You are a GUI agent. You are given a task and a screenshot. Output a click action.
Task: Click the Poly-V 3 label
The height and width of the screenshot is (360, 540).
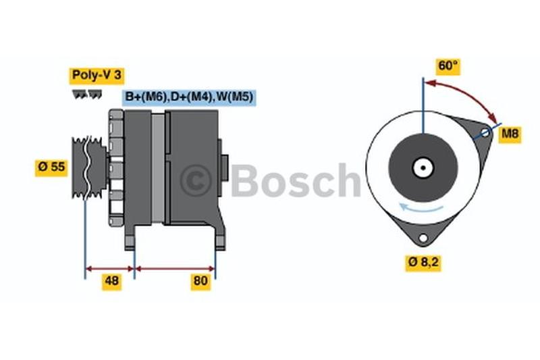coord(97,75)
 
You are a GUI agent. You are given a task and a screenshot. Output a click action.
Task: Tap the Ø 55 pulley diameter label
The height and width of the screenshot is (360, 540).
coord(51,167)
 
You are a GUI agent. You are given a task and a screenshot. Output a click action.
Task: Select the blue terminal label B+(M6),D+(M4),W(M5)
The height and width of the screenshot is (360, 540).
coord(189,97)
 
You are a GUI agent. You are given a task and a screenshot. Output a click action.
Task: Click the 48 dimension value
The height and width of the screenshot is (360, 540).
coord(111,281)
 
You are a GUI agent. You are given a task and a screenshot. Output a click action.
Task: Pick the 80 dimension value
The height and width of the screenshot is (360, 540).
coord(200,281)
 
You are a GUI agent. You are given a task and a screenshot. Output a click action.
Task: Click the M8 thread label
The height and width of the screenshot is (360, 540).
coord(510,133)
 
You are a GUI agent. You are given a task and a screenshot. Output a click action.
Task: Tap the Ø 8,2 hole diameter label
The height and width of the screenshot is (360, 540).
coord(423,263)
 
